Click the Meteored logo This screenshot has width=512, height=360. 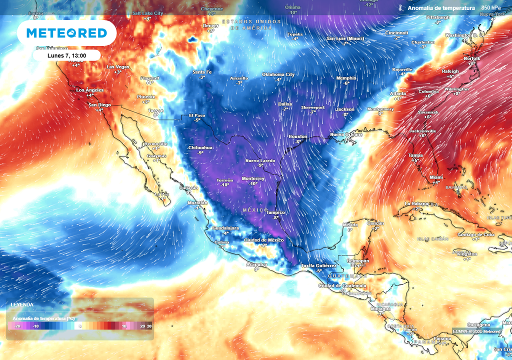click(x=66, y=33)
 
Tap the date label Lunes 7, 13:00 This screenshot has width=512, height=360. click(x=66, y=55)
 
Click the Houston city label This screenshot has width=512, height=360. click(x=298, y=136)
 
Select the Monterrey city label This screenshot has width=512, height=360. click(x=252, y=178)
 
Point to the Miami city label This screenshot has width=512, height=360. click(x=436, y=177)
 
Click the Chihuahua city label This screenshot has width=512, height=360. click(x=200, y=148)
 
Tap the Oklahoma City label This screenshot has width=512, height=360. click(x=278, y=74)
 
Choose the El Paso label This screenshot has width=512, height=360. click(x=197, y=115)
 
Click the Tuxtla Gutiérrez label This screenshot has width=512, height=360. click(x=318, y=265)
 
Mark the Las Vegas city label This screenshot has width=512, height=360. click(x=117, y=67)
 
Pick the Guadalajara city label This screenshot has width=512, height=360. click(x=225, y=228)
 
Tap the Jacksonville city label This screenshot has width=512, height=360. click(x=422, y=131)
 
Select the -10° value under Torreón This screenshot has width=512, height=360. click(x=225, y=185)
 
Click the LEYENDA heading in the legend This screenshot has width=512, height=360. click(x=22, y=304)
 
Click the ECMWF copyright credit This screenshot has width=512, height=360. click(x=476, y=331)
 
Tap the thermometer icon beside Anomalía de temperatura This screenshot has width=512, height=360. click(x=400, y=8)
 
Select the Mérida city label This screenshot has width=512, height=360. click(x=350, y=225)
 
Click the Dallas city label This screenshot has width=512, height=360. click(x=285, y=104)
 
